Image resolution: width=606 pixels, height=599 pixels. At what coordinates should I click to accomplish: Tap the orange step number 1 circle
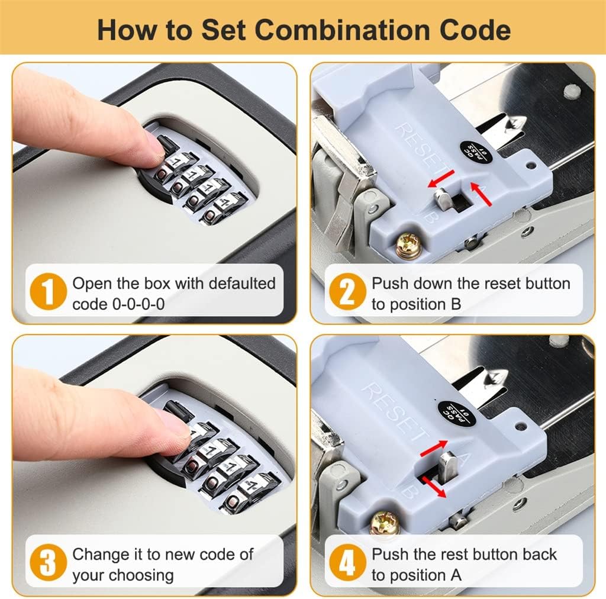tap(47, 294)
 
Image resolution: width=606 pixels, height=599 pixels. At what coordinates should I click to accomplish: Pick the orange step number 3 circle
tap(47, 564)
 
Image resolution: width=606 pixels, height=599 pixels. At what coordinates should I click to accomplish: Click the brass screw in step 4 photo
tap(385, 523)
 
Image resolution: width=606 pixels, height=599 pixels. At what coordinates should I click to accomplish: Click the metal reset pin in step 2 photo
tap(443, 199)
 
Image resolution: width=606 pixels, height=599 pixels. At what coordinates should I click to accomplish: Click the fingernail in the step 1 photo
tap(153, 144)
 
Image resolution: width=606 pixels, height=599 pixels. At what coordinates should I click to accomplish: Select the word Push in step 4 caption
tap(390, 555)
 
